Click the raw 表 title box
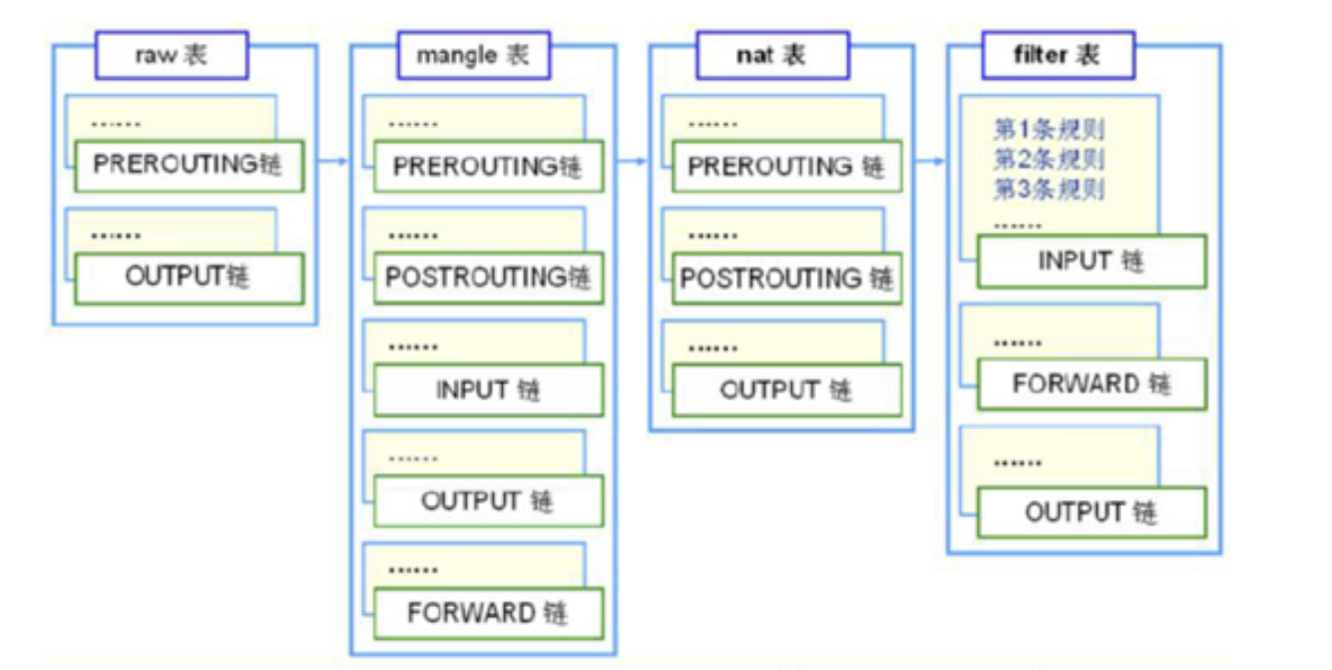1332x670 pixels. pos(171,55)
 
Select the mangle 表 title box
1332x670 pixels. pos(473,55)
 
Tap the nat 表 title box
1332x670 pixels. pos(771,55)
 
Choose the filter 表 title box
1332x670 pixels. pos(1058,55)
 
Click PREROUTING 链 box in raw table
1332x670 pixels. pos(188,166)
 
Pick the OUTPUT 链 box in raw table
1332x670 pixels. pos(188,278)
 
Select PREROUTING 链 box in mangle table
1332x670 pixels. pos(488,167)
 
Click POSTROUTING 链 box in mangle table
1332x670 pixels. pos(488,278)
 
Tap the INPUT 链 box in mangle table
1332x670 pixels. pos(488,389)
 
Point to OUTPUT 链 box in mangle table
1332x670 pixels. pos(488,500)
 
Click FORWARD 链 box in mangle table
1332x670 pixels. pos(488,612)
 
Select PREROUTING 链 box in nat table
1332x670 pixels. pos(786,167)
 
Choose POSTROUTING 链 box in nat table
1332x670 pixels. pos(786,279)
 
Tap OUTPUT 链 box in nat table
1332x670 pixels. pos(786,389)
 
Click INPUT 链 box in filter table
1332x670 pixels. pos(1092,262)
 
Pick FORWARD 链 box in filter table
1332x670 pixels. pos(1092,384)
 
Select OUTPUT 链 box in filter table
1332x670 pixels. pos(1092,512)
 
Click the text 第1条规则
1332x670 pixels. pos(1049,129)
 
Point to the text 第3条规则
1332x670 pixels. pos(1049,189)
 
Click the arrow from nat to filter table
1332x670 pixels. pos(930,160)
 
